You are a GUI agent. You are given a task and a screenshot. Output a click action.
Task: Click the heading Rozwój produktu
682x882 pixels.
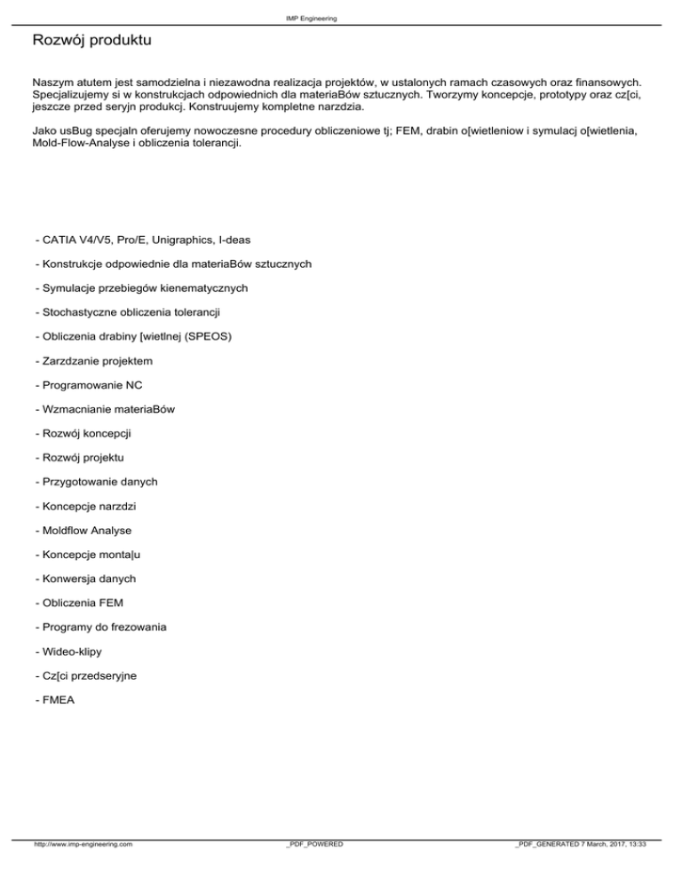pos(86,41)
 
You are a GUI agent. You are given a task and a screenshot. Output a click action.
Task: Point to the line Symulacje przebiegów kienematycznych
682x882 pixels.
pos(139,288)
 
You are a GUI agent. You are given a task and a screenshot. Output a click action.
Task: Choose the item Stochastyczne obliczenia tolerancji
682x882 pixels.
pos(126,313)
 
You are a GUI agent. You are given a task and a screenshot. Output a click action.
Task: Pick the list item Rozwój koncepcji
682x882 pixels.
pos(88,434)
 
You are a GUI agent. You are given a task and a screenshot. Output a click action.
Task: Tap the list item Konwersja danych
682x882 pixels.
pos(86,579)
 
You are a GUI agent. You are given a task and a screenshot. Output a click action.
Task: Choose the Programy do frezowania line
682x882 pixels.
pos(99,627)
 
